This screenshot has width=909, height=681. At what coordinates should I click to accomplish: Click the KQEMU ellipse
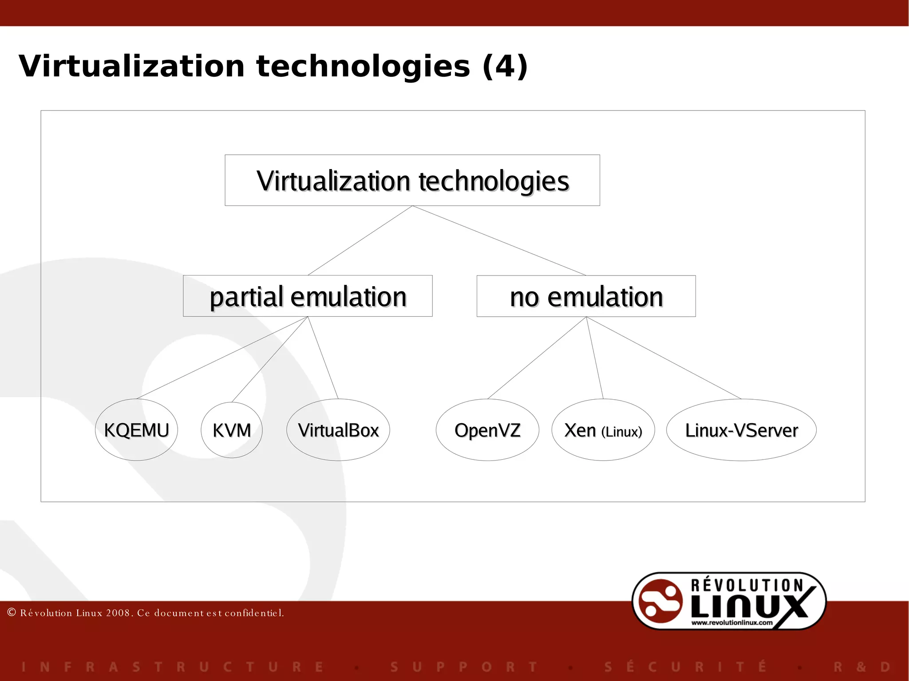click(136, 430)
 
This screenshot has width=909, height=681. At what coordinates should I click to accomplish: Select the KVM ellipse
click(232, 430)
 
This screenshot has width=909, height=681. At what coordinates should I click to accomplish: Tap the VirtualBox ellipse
click(338, 430)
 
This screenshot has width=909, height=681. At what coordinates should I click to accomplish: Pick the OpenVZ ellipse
click(487, 430)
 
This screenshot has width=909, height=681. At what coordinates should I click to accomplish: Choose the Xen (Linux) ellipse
click(603, 430)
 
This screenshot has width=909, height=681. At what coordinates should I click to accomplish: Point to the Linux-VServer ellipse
click(741, 430)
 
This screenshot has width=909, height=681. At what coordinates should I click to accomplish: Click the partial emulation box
click(308, 296)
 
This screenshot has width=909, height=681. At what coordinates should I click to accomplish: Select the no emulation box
click(586, 296)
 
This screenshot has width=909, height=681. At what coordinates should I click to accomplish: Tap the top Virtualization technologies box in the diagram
click(412, 180)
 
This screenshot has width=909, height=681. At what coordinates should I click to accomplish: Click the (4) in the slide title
click(505, 67)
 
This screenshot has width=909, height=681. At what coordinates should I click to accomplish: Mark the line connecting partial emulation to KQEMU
click(222, 358)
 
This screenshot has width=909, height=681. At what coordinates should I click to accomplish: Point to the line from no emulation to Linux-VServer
click(664, 358)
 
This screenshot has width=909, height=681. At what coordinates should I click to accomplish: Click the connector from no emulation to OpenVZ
click(537, 358)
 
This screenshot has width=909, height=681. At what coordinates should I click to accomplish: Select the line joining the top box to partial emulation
click(360, 240)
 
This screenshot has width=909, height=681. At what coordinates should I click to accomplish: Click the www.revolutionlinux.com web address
click(732, 622)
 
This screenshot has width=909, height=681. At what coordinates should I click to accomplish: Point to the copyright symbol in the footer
click(12, 612)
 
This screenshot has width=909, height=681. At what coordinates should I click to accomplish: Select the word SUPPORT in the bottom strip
click(464, 667)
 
